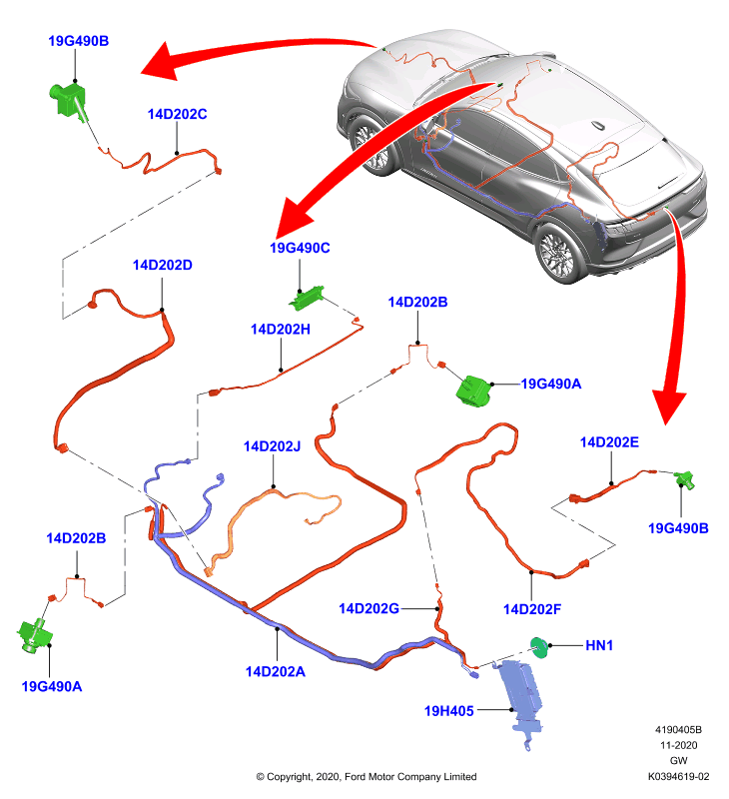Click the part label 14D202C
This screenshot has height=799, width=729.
[178, 114]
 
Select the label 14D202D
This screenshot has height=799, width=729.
[163, 265]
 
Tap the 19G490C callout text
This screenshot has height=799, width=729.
[300, 248]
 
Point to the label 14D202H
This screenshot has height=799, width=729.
[281, 330]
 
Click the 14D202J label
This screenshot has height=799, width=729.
[272, 446]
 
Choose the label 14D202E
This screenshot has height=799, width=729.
[609, 442]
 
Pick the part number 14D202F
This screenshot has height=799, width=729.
[532, 609]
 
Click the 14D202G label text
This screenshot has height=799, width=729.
[368, 608]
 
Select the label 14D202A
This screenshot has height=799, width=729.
[275, 671]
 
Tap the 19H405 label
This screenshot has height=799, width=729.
[448, 711]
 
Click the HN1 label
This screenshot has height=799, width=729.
[599, 645]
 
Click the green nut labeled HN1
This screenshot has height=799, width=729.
[538, 647]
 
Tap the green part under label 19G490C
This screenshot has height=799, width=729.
[307, 298]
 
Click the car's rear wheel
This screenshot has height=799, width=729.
[557, 253]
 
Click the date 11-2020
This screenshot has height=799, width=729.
[678, 745]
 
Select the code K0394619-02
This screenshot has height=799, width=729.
[678, 777]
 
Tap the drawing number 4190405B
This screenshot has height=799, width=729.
[678, 730]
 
